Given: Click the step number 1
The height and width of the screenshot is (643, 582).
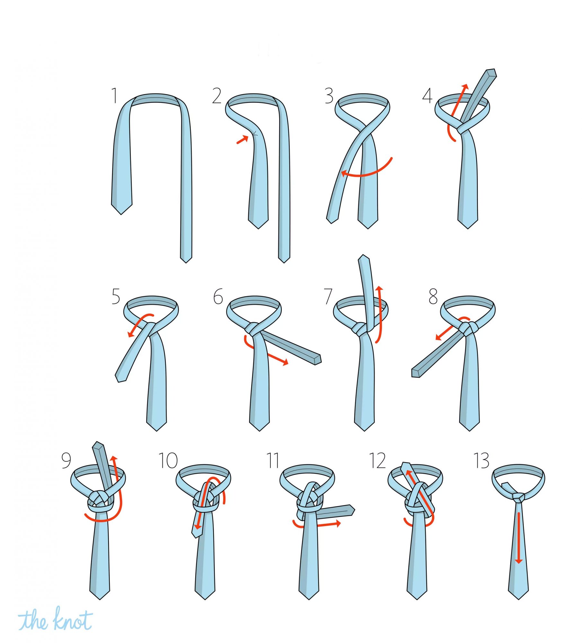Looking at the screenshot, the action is [x=114, y=95].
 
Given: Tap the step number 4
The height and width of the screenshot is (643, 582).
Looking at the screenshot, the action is [x=427, y=95].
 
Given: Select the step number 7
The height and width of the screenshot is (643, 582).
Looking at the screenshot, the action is [x=328, y=296].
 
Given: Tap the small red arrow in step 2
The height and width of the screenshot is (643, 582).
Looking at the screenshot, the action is [x=242, y=140].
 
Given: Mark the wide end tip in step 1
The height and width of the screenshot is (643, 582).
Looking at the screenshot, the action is [x=121, y=214].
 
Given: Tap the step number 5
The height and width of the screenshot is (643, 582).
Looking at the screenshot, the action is [x=116, y=296].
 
